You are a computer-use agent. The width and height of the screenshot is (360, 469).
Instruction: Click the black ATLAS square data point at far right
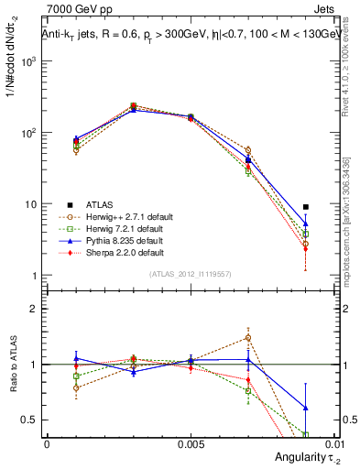point(306,207)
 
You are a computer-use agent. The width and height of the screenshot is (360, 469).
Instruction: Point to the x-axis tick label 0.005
point(191,443)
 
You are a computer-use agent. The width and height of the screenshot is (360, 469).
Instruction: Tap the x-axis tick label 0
point(47,443)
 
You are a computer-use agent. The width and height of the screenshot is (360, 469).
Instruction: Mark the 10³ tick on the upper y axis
point(29,61)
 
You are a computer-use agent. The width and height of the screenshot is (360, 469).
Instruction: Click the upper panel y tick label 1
point(35,276)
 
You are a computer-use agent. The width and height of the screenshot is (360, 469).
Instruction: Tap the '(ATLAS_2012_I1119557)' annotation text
point(191,274)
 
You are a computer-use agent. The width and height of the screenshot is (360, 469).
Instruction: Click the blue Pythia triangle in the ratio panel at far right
point(306,408)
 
